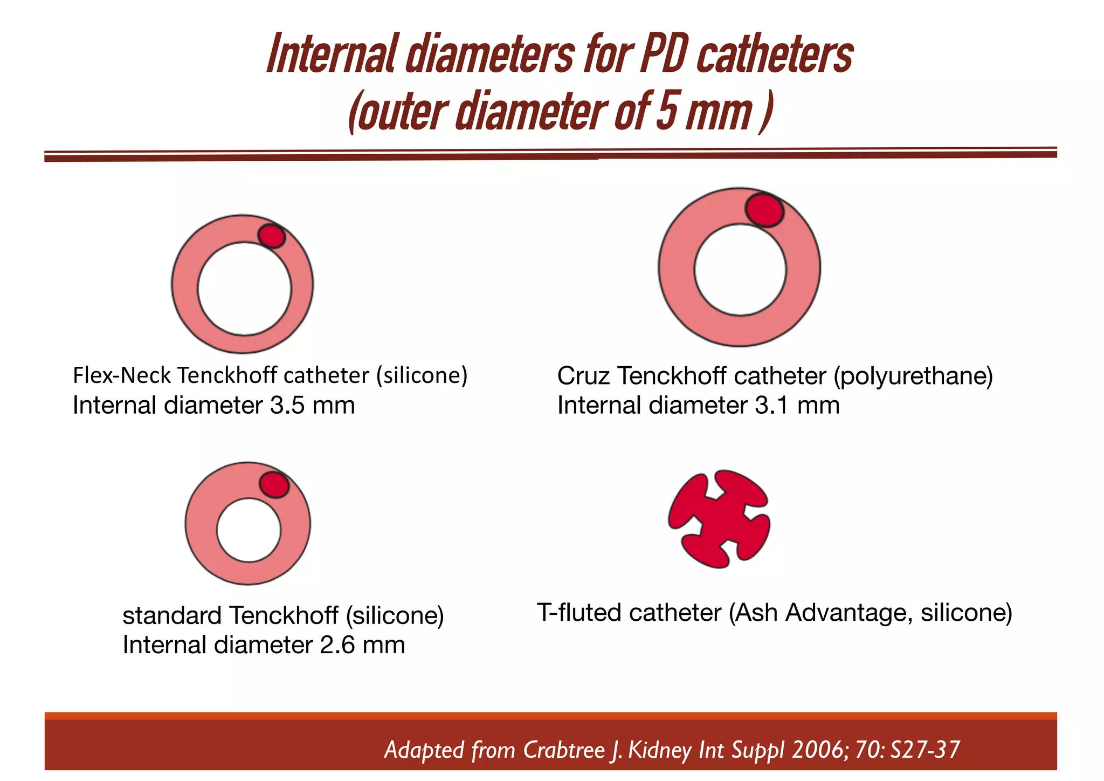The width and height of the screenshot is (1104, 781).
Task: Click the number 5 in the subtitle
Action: click(666, 112)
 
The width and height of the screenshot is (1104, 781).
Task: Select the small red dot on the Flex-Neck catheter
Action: click(271, 236)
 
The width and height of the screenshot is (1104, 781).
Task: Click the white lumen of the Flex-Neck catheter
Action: click(244, 289)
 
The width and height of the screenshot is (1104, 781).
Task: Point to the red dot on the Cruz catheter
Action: click(764, 210)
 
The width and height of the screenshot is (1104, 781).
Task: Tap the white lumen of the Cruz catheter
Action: click(740, 269)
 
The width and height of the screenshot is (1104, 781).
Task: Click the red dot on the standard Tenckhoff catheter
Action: click(274, 485)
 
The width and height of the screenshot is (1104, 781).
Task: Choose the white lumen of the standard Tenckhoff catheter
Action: click(249, 530)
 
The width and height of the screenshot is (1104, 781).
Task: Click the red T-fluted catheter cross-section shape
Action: click(719, 519)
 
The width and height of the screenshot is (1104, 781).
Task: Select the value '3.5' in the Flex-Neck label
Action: click(287, 406)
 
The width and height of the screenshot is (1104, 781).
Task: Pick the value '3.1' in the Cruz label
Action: click(771, 406)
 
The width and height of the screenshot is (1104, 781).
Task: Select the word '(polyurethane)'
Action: click(913, 376)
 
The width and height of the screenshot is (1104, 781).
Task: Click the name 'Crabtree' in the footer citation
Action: click(564, 750)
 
